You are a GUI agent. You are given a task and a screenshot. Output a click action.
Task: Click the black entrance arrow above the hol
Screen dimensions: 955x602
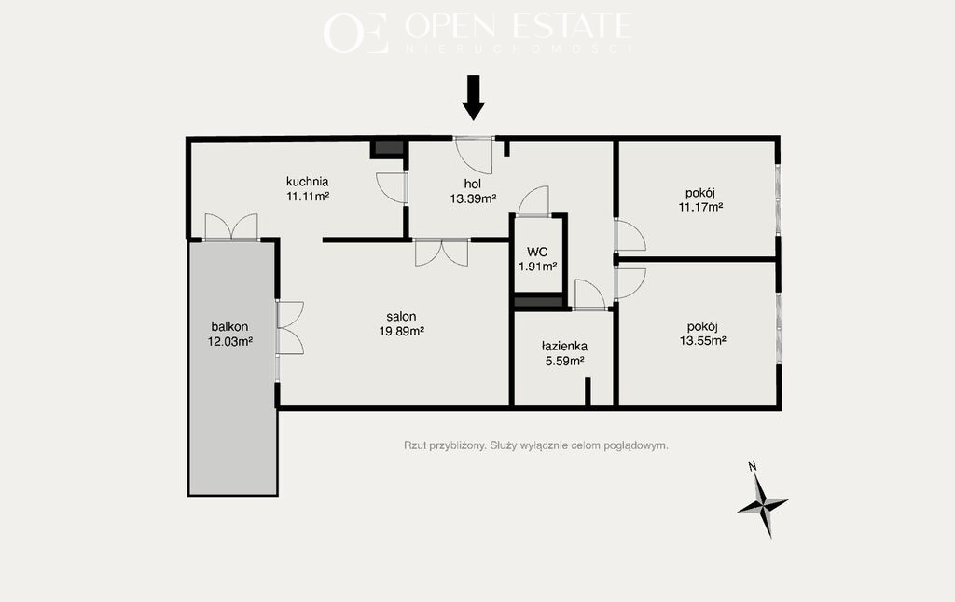473,98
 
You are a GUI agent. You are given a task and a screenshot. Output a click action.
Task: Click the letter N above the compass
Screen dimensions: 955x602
753,467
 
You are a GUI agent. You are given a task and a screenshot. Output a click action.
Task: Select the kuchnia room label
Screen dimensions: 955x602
307,182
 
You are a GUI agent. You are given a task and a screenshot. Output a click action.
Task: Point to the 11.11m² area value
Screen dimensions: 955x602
308,196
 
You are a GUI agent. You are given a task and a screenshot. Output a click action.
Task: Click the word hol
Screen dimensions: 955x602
473,184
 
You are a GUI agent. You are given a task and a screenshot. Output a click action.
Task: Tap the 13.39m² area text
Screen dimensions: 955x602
473,198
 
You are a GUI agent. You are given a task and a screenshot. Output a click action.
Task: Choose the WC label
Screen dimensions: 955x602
537,252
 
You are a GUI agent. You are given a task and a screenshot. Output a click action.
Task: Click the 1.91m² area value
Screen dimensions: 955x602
538,266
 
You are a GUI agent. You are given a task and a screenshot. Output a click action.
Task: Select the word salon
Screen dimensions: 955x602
401,317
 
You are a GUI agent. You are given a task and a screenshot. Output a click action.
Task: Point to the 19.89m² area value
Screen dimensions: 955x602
401,331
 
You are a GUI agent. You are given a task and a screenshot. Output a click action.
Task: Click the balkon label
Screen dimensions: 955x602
229,327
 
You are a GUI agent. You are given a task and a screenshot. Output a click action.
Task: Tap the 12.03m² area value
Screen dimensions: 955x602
230,341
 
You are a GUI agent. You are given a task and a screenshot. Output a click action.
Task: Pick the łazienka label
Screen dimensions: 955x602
564,347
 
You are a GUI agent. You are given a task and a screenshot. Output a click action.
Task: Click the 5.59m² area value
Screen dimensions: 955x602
564,361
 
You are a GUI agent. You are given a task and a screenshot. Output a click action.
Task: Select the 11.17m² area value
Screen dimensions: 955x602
700,207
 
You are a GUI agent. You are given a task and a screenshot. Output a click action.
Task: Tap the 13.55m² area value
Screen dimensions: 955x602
702,341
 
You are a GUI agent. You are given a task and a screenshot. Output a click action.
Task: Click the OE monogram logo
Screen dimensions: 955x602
355,33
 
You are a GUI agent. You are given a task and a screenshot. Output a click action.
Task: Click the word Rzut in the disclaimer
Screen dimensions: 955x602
414,445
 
